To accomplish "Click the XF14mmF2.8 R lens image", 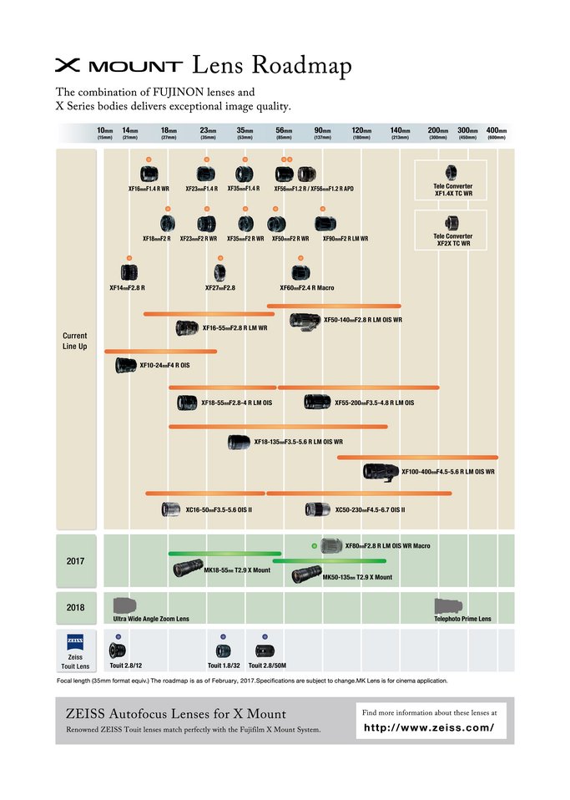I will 129,272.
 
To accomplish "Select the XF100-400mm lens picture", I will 382,471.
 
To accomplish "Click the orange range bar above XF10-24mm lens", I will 160,352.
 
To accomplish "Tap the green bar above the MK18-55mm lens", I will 224,554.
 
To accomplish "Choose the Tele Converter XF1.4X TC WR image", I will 451,173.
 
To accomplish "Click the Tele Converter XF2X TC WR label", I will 453,240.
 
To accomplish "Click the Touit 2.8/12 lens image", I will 118,650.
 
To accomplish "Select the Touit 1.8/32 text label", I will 224,666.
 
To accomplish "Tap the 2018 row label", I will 75,607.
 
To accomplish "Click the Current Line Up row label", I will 75,341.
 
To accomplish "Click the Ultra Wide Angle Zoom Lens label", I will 151,619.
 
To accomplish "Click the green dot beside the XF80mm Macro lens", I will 314,545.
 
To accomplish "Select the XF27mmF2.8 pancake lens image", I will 220,272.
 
